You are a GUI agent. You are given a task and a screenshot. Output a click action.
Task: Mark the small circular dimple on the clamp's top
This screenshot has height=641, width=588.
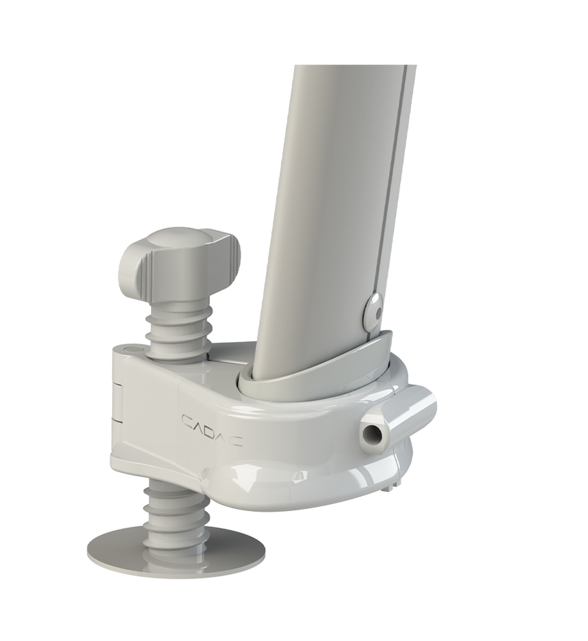coord(131,351)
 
